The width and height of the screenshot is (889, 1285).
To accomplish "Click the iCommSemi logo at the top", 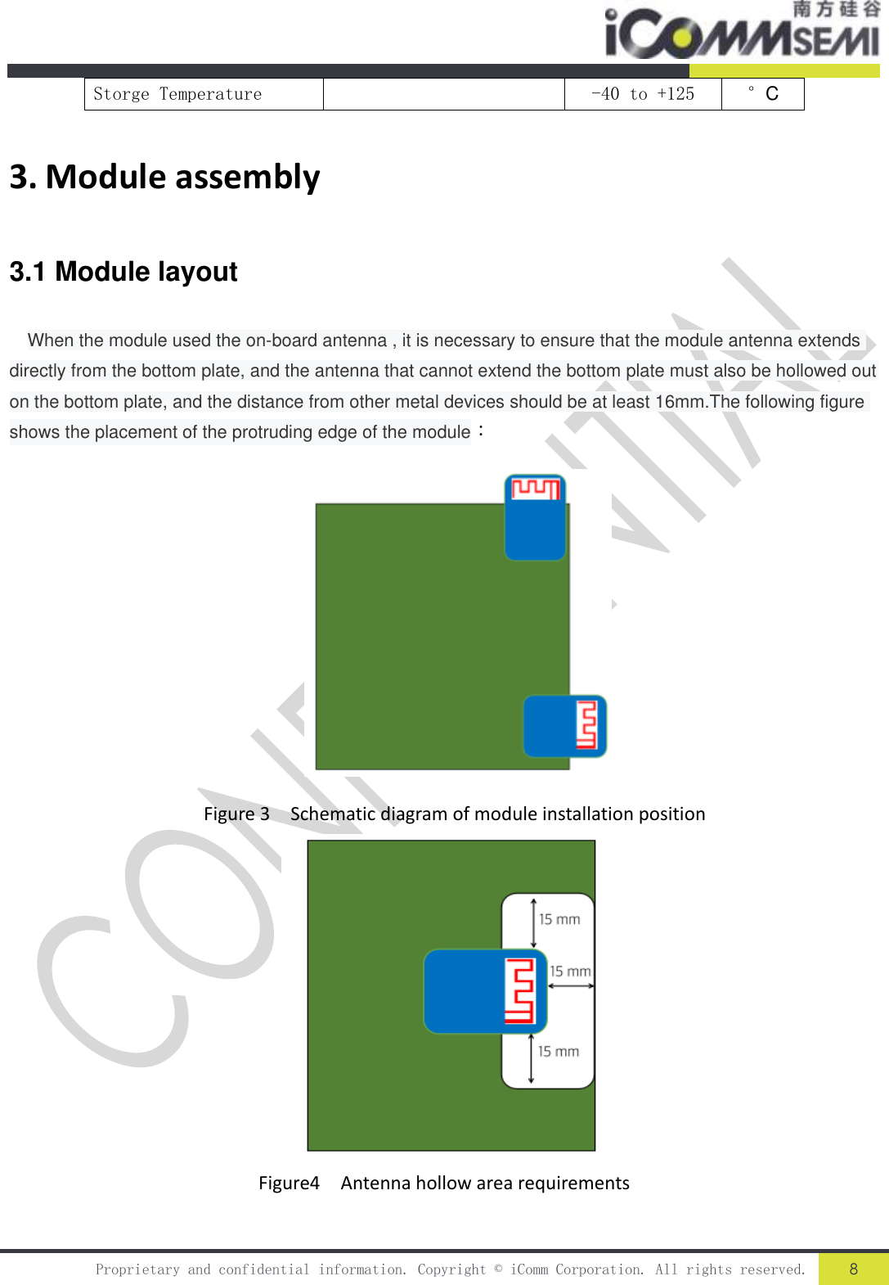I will [x=740, y=31].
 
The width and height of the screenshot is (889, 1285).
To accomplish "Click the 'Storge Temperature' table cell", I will [x=177, y=94].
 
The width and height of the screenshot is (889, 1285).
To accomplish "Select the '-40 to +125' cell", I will [x=642, y=94].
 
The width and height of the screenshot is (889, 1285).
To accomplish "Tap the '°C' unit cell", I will [x=762, y=94].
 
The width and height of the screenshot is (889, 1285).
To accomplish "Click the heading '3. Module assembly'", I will [x=164, y=177].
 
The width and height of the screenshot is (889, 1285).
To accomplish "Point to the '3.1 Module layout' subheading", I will [x=123, y=272].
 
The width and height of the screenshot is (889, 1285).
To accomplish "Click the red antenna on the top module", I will [x=535, y=489].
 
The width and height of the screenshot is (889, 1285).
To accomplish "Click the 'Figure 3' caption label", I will [x=236, y=814].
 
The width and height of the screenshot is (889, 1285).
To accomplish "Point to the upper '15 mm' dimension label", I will [x=559, y=919].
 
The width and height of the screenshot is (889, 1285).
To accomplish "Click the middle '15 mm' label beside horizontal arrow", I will [x=570, y=971].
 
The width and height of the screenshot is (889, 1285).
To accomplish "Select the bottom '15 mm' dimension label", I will [x=559, y=1051].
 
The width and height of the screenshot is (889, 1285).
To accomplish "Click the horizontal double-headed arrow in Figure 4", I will [x=571, y=985].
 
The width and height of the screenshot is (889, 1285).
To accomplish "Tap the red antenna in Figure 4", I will [x=519, y=991].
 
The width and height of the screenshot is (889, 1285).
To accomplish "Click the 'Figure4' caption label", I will [x=289, y=1184].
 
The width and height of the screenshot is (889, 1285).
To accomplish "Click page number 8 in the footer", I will [x=853, y=1269].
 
